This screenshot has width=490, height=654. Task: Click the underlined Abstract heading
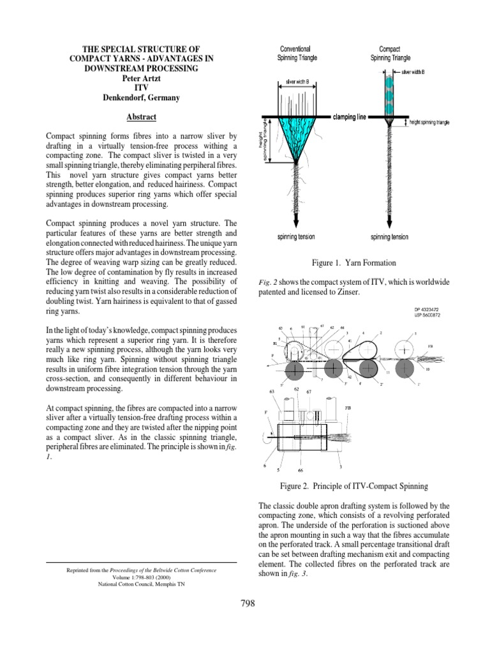pos(142,118)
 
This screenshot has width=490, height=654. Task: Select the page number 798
pos(245,604)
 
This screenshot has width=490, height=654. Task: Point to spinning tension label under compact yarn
pos(390,237)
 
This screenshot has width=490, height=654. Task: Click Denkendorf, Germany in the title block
pos(142,98)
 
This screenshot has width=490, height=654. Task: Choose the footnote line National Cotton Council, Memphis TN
pos(142,582)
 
